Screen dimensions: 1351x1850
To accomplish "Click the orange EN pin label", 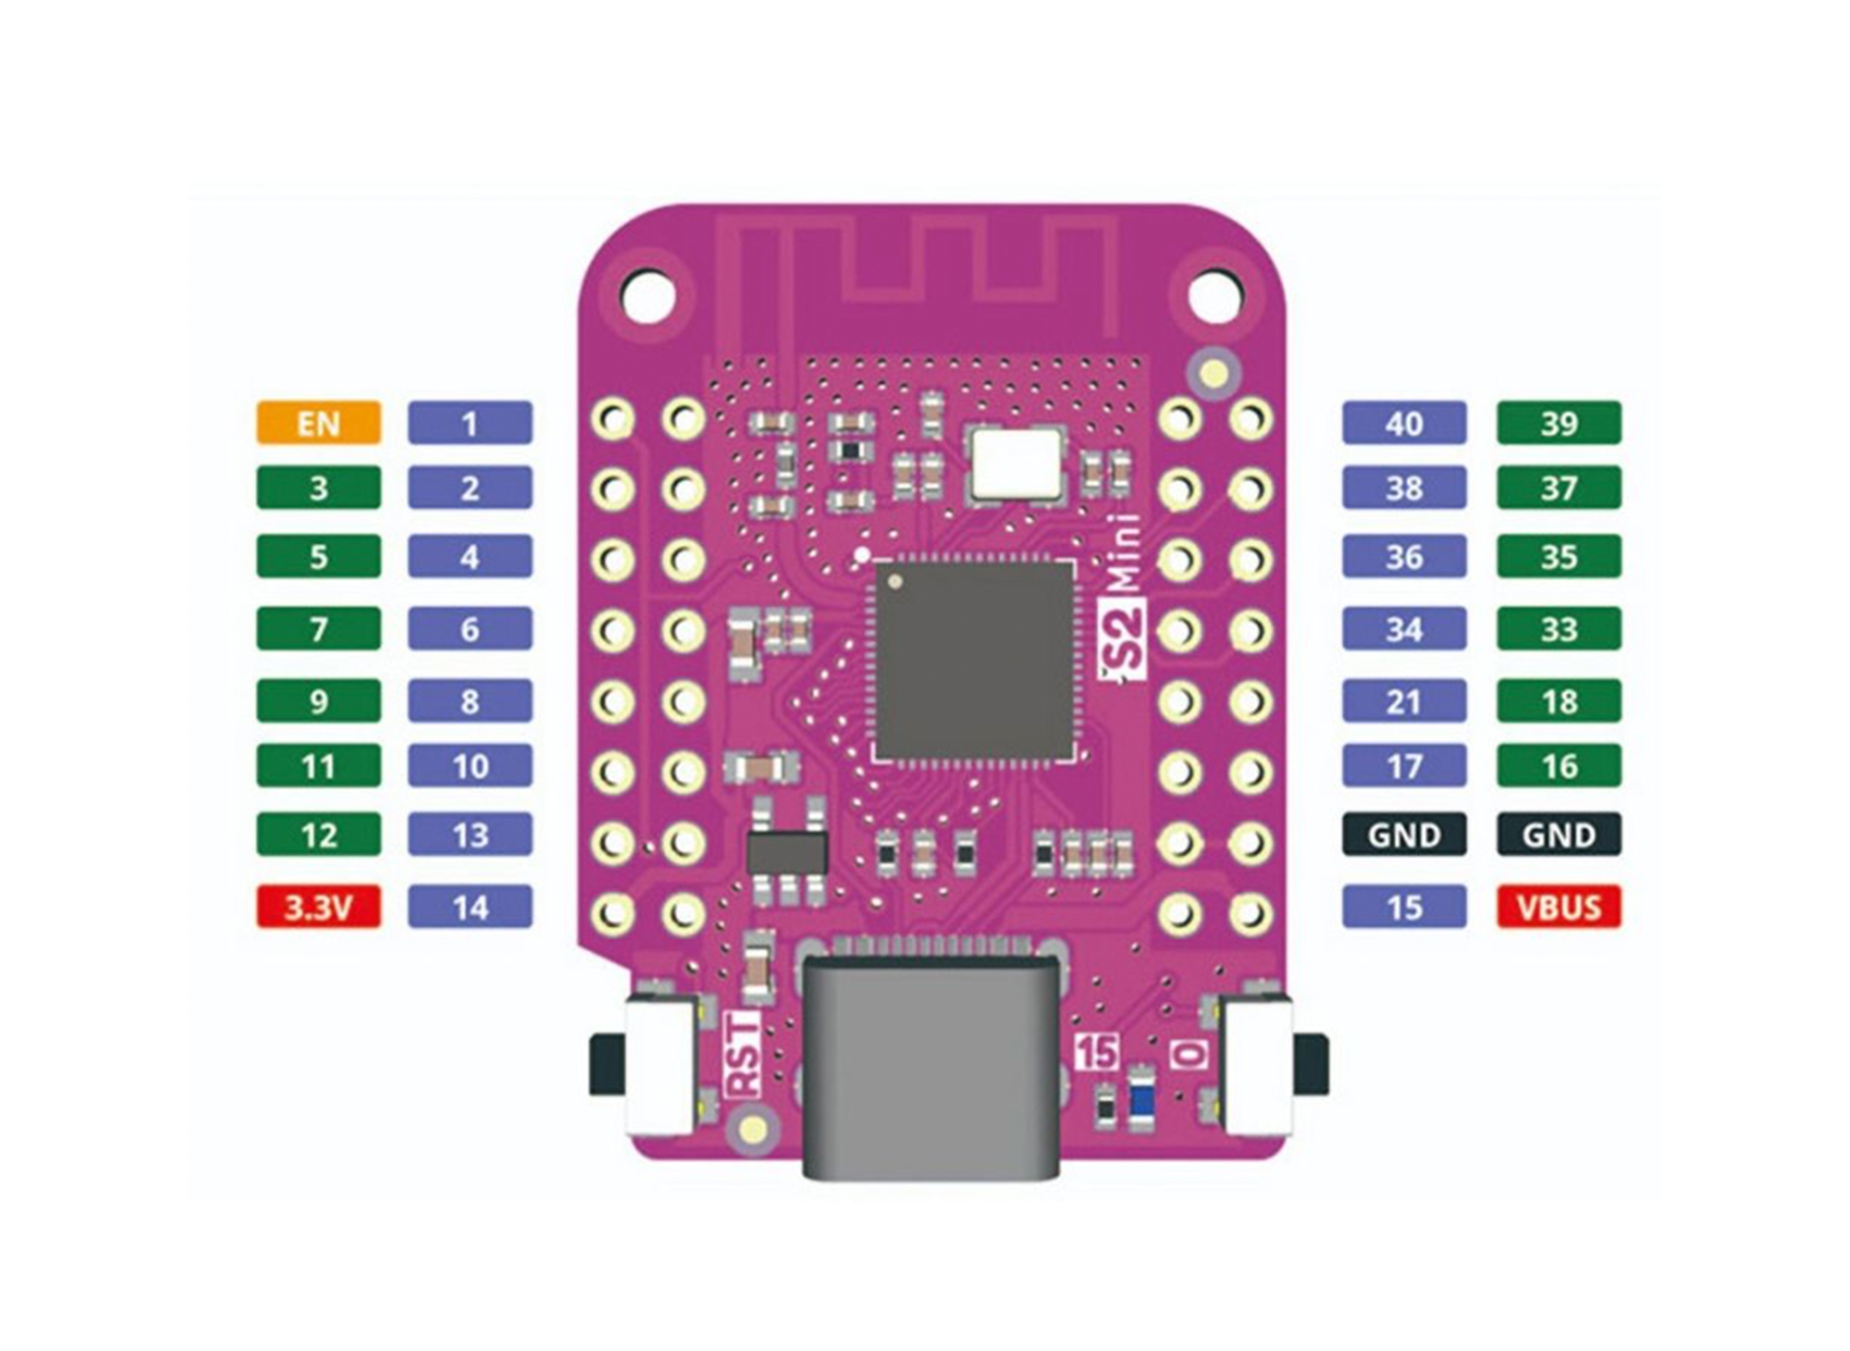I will tap(318, 423).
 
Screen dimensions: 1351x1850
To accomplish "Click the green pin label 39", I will tap(1558, 423).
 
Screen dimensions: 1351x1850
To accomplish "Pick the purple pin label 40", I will tap(1404, 423).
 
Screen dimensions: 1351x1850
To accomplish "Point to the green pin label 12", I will tap(318, 834).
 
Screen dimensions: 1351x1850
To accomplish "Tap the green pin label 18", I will tap(1558, 701).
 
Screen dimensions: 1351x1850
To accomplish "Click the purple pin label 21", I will tap(1404, 701).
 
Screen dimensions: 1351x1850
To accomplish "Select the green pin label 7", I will tap(318, 628).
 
